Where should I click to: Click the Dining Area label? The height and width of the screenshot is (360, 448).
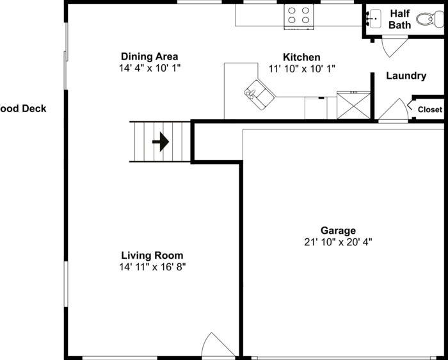149,56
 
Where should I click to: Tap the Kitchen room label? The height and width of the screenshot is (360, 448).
301,58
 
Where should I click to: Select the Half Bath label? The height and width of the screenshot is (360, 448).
399,19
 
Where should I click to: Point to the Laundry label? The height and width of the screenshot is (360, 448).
406,76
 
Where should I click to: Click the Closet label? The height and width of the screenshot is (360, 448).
429,110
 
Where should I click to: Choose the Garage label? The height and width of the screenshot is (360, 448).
338,231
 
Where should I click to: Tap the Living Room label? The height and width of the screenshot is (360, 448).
152,255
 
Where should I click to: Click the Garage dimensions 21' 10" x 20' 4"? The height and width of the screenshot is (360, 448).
338,242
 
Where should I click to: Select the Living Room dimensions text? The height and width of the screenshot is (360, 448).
152,266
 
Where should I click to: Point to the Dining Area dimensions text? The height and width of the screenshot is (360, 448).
149,68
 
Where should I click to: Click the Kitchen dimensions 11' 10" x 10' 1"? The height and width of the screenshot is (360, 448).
301,69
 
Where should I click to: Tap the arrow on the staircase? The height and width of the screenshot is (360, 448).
161,142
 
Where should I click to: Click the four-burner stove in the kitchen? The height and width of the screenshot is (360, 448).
299,16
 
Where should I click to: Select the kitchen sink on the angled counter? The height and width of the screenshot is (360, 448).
259,94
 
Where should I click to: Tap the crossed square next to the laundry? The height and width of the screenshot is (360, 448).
353,105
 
